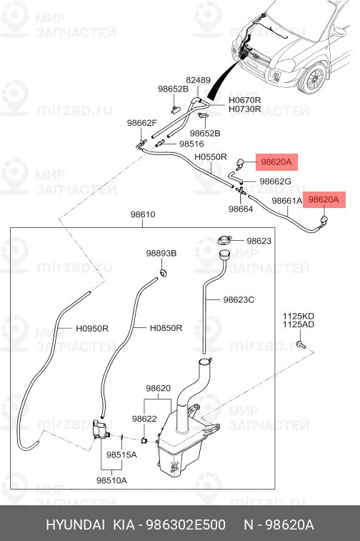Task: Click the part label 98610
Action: click(143, 214)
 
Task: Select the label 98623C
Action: click(239, 299)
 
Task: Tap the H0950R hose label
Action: click(92, 329)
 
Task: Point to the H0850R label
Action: click(166, 328)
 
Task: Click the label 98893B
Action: click(161, 253)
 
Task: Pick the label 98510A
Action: click(111, 480)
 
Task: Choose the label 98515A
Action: click(121, 455)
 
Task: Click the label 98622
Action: click(144, 419)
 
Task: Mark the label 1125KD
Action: click(299, 316)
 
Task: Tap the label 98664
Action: click(241, 209)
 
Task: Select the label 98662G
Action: click(275, 181)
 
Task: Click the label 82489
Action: click(199, 80)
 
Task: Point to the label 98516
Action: click(191, 144)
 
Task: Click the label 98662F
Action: click(141, 123)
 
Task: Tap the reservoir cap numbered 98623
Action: click(224, 240)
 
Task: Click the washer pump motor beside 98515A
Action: click(100, 430)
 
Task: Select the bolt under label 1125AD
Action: click(301, 344)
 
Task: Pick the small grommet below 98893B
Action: click(163, 273)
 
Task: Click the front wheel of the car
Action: click(313, 79)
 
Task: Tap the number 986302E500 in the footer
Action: click(186, 525)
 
